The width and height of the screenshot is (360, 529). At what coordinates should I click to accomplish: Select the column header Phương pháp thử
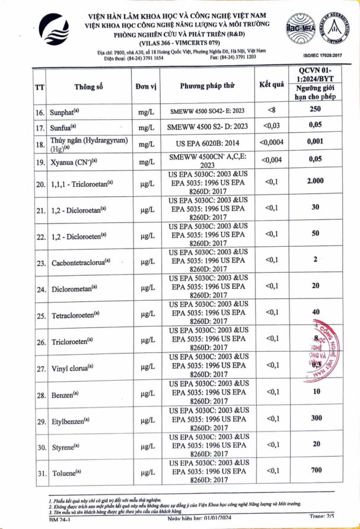point(207,85)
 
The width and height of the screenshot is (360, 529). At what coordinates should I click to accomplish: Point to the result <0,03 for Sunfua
point(271,126)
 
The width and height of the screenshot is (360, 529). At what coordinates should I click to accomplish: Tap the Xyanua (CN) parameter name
point(75,160)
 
